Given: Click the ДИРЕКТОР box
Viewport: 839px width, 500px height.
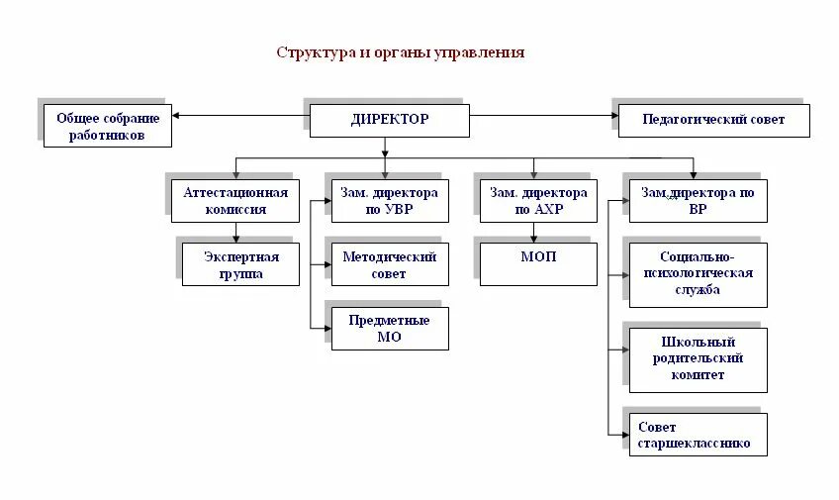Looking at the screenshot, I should (389, 120).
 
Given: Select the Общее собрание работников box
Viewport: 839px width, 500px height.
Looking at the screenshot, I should (107, 126).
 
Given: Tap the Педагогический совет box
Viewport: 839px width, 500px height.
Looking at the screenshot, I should (713, 120).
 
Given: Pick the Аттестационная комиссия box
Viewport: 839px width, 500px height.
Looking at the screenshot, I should (235, 201).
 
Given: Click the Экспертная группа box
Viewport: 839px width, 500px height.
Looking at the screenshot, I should (240, 264).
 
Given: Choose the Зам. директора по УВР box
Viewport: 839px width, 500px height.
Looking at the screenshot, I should (389, 201).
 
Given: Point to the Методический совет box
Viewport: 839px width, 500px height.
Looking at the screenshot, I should (389, 264).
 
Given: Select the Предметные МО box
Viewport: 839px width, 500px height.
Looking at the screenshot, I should (389, 329).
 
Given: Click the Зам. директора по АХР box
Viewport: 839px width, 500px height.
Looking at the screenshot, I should (538, 201).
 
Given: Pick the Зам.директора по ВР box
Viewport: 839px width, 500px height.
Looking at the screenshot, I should (698, 201).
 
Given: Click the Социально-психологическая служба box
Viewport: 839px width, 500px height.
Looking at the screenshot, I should (698, 274).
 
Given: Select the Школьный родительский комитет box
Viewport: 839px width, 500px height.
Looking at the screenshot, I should (698, 358).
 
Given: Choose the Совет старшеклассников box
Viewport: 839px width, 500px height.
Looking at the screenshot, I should (698, 436).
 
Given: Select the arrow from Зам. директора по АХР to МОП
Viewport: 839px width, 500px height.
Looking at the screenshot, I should (535, 233).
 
